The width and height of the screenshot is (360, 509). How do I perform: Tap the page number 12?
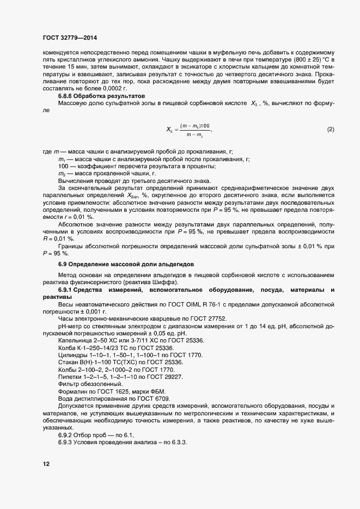(46, 464)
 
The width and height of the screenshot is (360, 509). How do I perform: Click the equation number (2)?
(330, 129)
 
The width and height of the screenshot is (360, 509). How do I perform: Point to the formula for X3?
(188, 129)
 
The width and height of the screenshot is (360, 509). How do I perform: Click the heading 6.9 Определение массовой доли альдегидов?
(122, 263)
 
